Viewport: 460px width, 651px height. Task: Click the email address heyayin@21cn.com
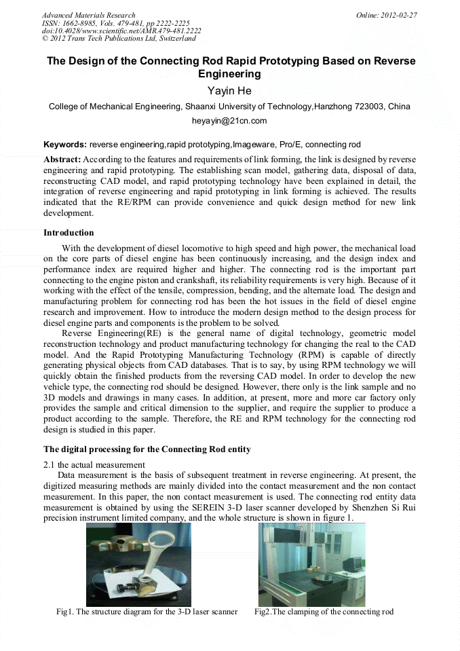[229, 121]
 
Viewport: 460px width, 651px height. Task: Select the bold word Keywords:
[65, 145]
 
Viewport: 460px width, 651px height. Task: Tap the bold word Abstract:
[62, 159]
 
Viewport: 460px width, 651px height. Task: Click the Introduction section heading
[69, 233]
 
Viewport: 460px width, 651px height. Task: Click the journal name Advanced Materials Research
[88, 15]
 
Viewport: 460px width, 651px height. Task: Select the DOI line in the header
[121, 31]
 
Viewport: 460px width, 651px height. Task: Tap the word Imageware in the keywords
[254, 145]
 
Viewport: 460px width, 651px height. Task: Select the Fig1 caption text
[147, 612]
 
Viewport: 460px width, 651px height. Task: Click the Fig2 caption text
[324, 612]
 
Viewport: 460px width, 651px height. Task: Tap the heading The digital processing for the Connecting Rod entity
[147, 449]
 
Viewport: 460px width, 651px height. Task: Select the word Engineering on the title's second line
[229, 74]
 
